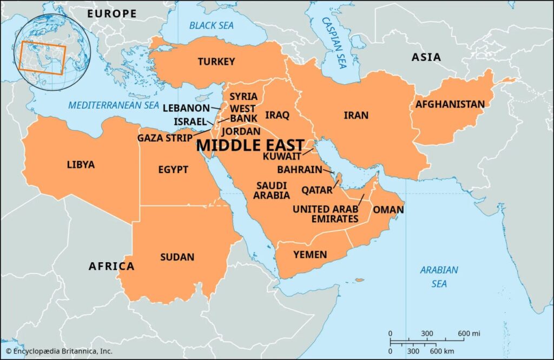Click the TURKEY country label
pyautogui.click(x=216, y=62)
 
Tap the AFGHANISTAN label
pyautogui.click(x=450, y=104)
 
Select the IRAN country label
pyautogui.click(x=356, y=115)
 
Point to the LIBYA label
pyautogui.click(x=81, y=164)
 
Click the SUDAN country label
pyautogui.click(x=177, y=257)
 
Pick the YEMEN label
pyautogui.click(x=310, y=254)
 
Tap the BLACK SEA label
pyautogui.click(x=211, y=25)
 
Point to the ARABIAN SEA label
pyautogui.click(x=439, y=276)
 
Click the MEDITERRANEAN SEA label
pyautogui.click(x=114, y=106)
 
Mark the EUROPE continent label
pyautogui.click(x=112, y=14)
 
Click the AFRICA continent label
pyautogui.click(x=111, y=266)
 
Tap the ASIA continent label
pyautogui.click(x=426, y=57)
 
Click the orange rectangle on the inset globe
pyautogui.click(x=42, y=58)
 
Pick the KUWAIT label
pyautogui.click(x=281, y=156)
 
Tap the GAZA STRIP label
pyautogui.click(x=164, y=138)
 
